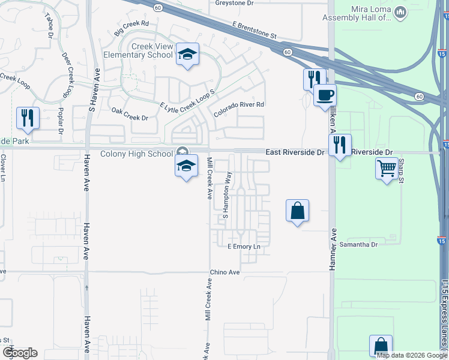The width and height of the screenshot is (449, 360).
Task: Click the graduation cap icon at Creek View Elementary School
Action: point(187,55)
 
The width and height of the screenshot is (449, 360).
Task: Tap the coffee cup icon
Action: point(325,95)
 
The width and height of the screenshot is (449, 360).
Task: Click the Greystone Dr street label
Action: point(235,3)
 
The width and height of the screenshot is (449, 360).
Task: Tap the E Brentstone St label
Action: point(255,31)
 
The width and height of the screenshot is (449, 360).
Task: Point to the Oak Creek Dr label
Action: point(130,114)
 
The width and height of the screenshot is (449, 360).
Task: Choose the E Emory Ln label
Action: point(244,247)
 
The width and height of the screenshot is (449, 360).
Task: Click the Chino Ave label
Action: point(225,272)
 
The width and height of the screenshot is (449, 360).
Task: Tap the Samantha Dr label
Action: point(358,244)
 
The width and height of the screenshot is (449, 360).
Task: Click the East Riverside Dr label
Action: point(295,153)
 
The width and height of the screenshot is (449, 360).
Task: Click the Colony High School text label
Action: point(136,154)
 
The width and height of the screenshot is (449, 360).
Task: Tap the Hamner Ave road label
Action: point(331,249)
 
